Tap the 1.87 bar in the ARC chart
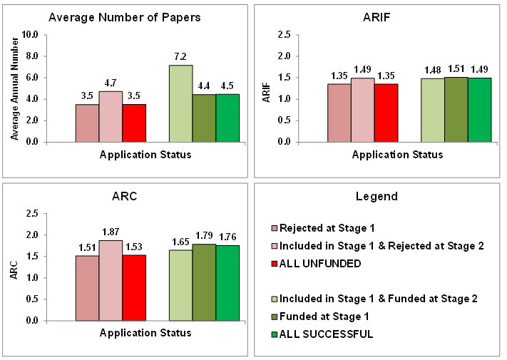(x=111, y=280)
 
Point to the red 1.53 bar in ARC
(x=134, y=288)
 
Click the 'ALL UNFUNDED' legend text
(x=320, y=263)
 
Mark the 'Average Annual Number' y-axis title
(x=15, y=88)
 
